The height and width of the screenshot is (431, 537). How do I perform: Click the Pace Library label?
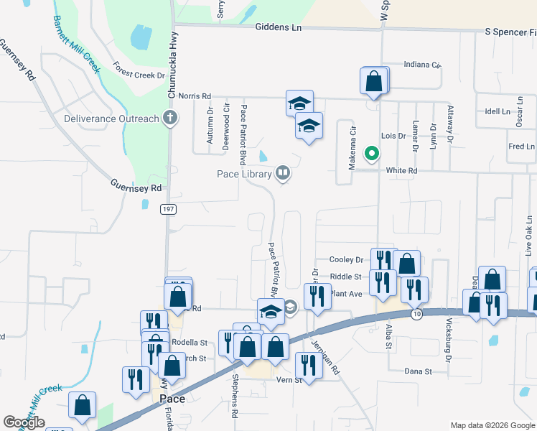pyautogui.click(x=244, y=174)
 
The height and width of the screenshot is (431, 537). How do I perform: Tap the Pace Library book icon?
pyautogui.click(x=283, y=173)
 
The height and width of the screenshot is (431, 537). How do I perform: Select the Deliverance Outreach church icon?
pyautogui.click(x=170, y=119)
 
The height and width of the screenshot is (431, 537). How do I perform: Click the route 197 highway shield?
pyautogui.click(x=168, y=209)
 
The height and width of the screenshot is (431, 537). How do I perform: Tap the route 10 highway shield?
pyautogui.click(x=416, y=314)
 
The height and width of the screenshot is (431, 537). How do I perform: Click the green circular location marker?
pyautogui.click(x=371, y=153)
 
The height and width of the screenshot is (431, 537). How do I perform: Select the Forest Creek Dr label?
pyautogui.click(x=139, y=70)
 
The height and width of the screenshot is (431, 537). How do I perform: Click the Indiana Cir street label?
pyautogui.click(x=421, y=65)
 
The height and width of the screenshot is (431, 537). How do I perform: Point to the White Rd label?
pyautogui.click(x=401, y=171)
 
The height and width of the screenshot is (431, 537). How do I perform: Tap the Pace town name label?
pyautogui.click(x=172, y=399)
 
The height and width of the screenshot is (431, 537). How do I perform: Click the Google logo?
pyautogui.click(x=24, y=422)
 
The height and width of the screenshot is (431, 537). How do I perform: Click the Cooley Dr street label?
pyautogui.click(x=346, y=260)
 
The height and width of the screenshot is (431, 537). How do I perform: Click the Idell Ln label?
pyautogui.click(x=497, y=111)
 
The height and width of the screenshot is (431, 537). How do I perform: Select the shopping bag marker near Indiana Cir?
pyautogui.click(x=374, y=80)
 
